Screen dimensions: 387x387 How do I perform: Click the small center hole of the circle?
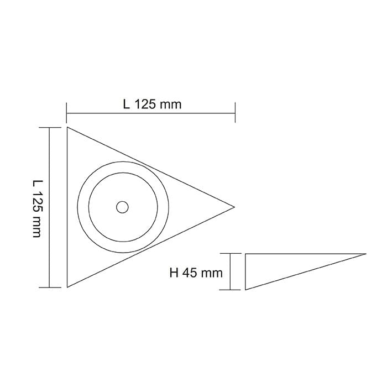point(122,207)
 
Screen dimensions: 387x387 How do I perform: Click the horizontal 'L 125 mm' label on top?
point(152,104)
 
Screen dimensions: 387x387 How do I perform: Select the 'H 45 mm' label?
point(196,273)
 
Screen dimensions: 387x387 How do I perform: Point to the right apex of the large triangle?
point(234,207)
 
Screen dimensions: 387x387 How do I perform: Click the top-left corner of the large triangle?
point(67,128)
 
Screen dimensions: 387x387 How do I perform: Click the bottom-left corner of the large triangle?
point(67,287)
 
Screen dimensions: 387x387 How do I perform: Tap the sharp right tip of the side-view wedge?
point(365,254)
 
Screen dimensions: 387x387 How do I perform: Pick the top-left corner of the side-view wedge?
point(245,254)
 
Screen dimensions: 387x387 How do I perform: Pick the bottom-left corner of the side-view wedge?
point(245,289)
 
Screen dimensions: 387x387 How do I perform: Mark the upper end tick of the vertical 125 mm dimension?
point(50,128)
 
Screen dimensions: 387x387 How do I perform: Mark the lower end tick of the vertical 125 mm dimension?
point(50,287)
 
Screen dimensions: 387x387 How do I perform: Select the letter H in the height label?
point(174,273)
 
